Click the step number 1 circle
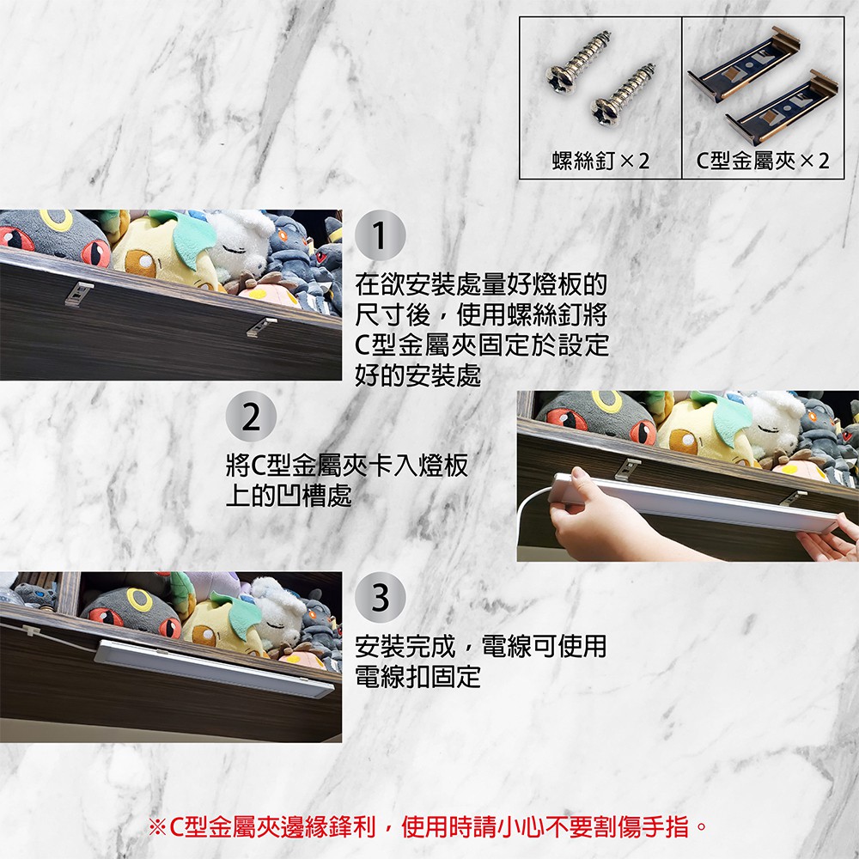pyautogui.click(x=381, y=235)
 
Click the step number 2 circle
pyautogui.click(x=251, y=417)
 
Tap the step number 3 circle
pyautogui.click(x=381, y=598)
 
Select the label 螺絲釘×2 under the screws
pyautogui.click(x=600, y=161)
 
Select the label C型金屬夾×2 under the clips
pyautogui.click(x=762, y=161)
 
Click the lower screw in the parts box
pyautogui.click(x=622, y=94)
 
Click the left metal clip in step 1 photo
pyautogui.click(x=79, y=294)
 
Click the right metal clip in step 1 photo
pyautogui.click(x=261, y=326)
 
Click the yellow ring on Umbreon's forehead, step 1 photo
pyautogui.click(x=56, y=219)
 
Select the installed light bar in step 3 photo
pyautogui.click(x=214, y=667)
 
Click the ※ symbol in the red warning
pyautogui.click(x=158, y=826)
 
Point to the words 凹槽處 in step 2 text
pyautogui.click(x=315, y=496)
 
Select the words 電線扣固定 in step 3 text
pyautogui.click(x=417, y=676)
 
